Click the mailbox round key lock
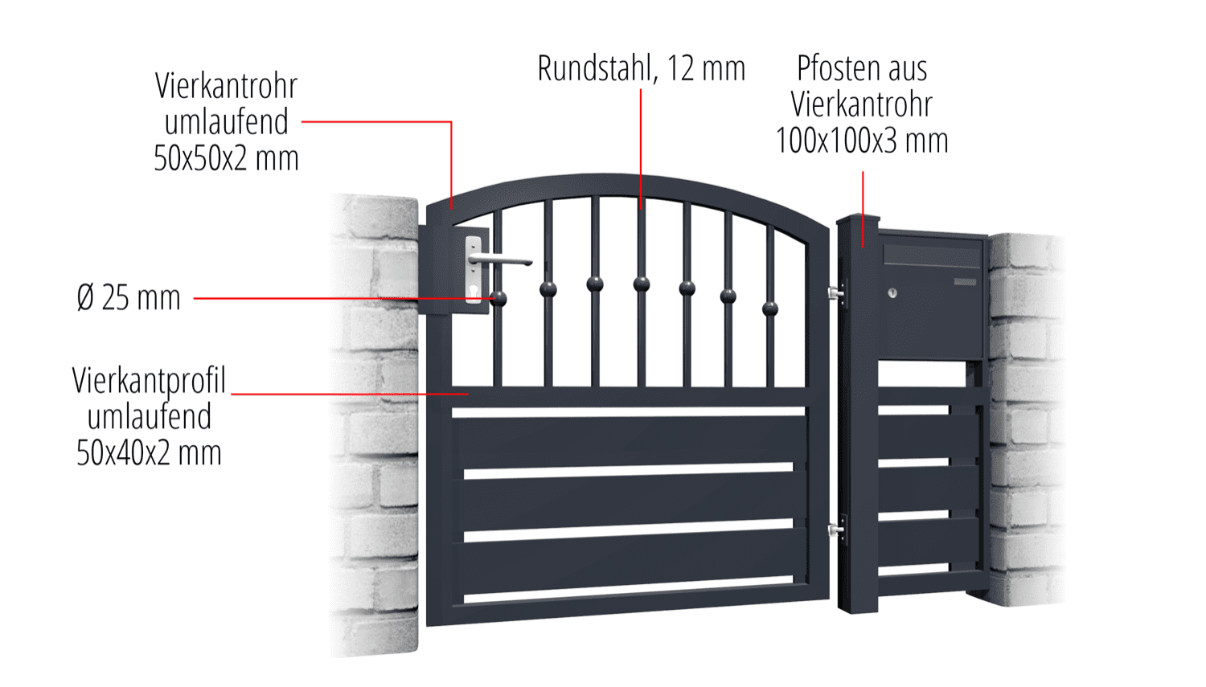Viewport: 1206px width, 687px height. [x=892, y=292]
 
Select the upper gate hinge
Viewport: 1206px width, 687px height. [x=836, y=292]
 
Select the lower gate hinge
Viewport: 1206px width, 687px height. [x=836, y=530]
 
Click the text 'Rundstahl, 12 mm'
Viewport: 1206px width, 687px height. [x=642, y=69]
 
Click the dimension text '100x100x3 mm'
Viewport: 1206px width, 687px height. [x=861, y=141]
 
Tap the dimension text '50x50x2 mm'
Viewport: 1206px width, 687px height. [x=226, y=158]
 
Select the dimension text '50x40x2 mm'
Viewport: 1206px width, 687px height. [x=149, y=453]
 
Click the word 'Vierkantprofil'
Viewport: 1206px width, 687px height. [x=149, y=381]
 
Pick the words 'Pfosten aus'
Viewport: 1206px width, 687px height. [x=862, y=68]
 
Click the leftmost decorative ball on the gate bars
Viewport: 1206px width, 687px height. [x=498, y=298]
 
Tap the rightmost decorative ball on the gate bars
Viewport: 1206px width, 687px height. [x=770, y=309]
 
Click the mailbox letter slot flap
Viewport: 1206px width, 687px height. [x=933, y=254]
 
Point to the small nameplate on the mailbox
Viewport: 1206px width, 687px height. [x=965, y=281]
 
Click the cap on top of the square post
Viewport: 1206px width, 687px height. [x=858, y=219]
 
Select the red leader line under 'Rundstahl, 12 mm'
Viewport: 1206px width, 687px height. [x=641, y=149]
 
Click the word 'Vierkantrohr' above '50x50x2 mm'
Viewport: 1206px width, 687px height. [x=226, y=86]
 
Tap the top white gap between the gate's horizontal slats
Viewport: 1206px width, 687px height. [x=628, y=412]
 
